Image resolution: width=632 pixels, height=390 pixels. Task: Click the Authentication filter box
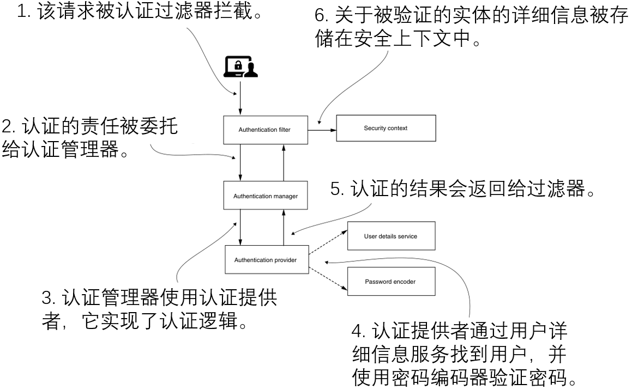(264, 130)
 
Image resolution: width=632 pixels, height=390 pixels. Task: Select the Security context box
(386, 129)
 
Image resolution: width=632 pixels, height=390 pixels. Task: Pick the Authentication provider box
(266, 260)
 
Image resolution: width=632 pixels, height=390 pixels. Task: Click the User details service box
(390, 237)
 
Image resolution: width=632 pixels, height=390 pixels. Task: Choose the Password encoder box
(390, 282)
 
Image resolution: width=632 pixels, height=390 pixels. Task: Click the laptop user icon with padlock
(241, 68)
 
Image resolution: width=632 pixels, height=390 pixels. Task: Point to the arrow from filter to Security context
(321, 130)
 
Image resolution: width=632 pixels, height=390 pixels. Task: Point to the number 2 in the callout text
(8, 126)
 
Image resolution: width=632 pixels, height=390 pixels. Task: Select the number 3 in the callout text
(47, 298)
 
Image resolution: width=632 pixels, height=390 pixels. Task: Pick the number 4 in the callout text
(356, 331)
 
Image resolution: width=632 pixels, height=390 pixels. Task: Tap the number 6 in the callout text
(321, 16)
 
